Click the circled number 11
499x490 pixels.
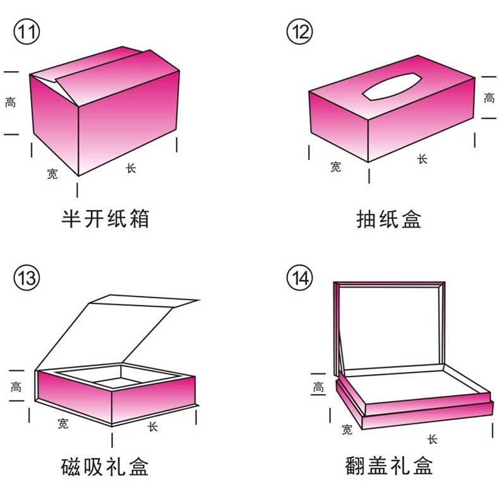27,32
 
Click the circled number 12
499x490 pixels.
300,32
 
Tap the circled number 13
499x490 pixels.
27,277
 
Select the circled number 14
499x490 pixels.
300,277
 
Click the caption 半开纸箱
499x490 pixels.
105,219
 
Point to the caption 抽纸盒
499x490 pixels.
389,219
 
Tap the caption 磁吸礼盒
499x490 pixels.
105,466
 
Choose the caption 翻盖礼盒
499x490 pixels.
389,465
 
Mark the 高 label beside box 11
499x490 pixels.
10,102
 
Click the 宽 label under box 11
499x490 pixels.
52,173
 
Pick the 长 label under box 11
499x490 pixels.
131,168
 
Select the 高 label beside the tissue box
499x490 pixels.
489,98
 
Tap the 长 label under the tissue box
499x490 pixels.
423,159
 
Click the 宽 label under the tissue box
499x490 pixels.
336,166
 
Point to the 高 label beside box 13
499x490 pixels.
16,387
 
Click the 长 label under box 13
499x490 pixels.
153,426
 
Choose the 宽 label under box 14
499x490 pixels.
347,429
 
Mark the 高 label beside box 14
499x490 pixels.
318,387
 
